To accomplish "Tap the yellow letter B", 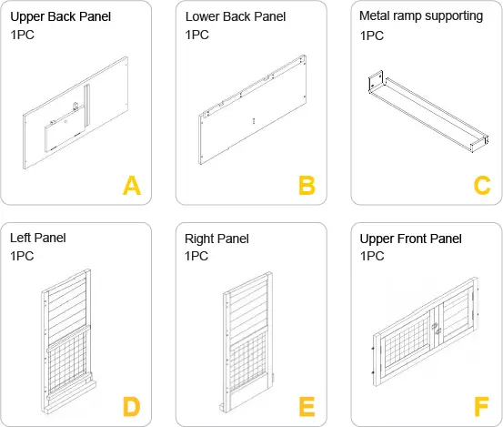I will (x=307, y=186).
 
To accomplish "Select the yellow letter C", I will (x=481, y=186).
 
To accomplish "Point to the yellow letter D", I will (x=132, y=406).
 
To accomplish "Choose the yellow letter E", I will (x=307, y=406).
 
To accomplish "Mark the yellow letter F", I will (x=481, y=406).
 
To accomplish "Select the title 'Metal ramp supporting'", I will (x=421, y=16).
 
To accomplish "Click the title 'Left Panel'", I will (x=38, y=239).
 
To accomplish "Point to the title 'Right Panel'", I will (x=216, y=239).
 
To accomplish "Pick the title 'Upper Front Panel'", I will (x=411, y=239).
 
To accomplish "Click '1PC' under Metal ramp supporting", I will (x=372, y=36).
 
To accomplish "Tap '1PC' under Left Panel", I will (x=23, y=257).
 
